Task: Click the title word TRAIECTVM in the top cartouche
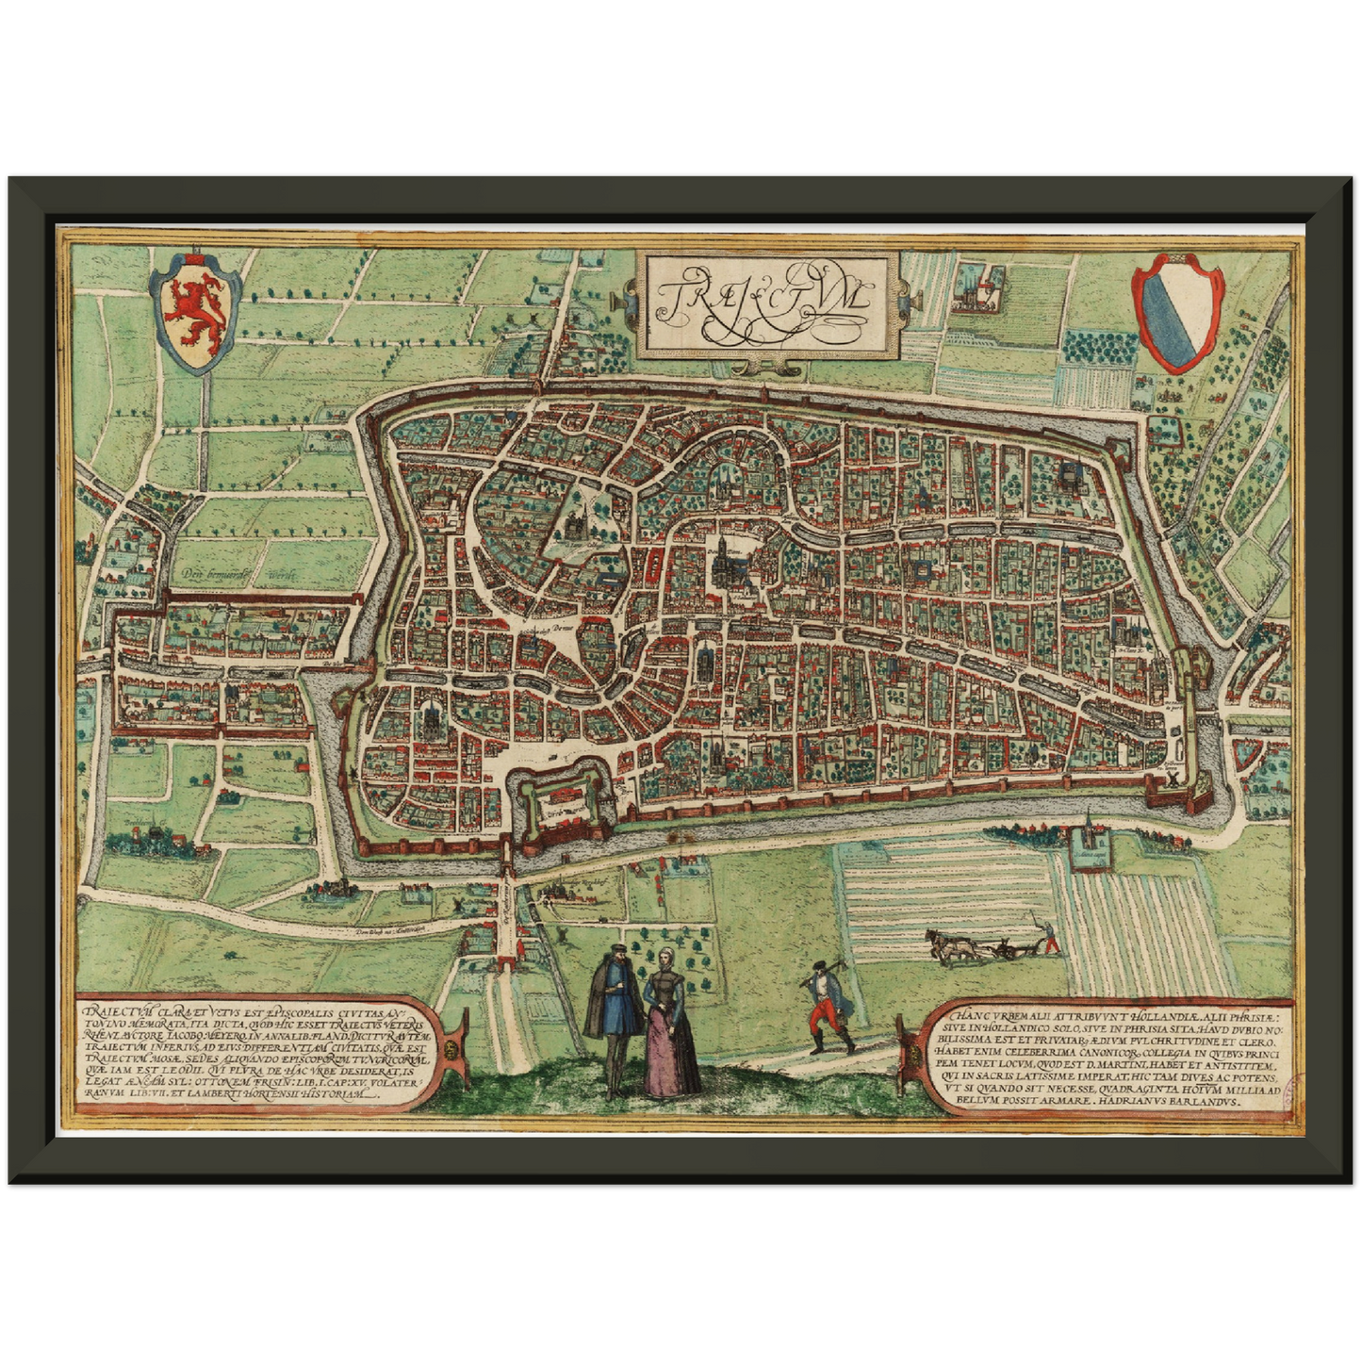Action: pos(762,299)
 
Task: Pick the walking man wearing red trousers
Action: pos(829,1007)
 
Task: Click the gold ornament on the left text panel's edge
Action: pos(453,1047)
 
